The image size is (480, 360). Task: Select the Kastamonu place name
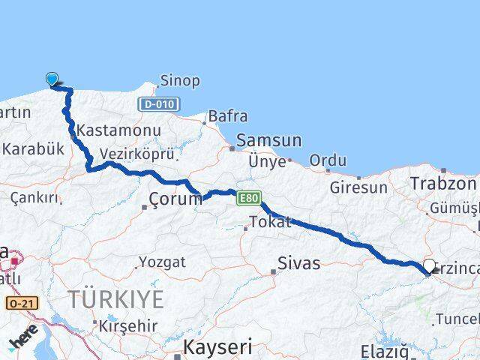click(x=118, y=130)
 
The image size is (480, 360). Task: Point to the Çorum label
click(x=175, y=199)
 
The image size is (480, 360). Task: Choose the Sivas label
click(x=298, y=262)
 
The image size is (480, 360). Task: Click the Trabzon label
click(x=443, y=183)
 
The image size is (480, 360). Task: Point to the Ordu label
click(x=328, y=160)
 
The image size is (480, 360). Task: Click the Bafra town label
click(x=228, y=116)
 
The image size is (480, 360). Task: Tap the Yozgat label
click(x=160, y=262)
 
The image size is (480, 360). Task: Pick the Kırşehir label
click(x=126, y=325)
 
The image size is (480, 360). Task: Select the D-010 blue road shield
click(x=158, y=104)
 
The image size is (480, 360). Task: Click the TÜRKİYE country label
click(x=115, y=300)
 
